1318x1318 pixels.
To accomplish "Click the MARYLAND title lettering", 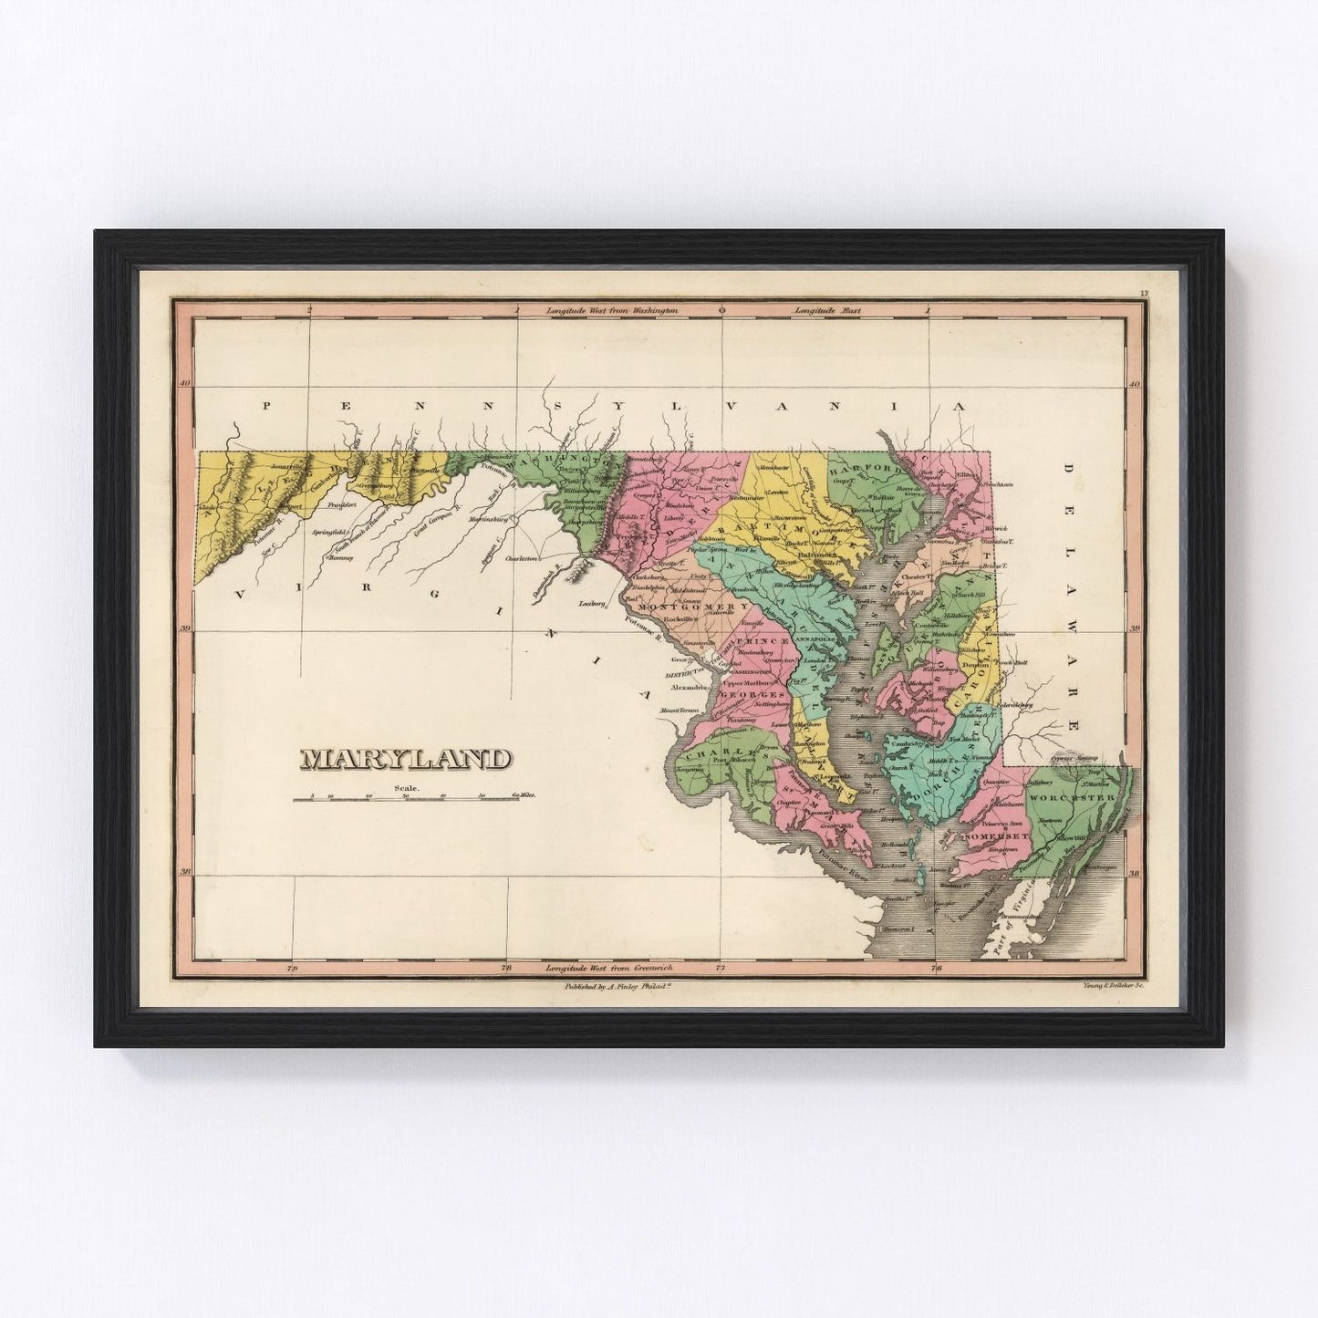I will click(406, 759).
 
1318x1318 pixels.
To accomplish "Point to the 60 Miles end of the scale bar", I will click(524, 796).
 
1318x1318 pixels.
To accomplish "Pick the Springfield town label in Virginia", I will click(327, 530).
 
